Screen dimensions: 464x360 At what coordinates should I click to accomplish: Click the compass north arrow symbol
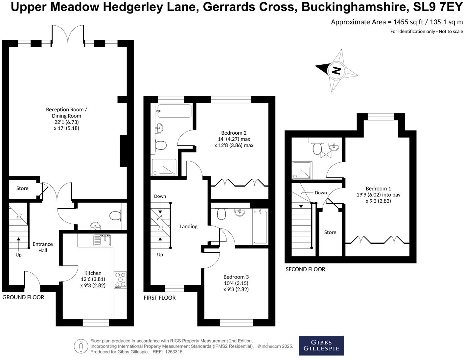(x=336, y=70)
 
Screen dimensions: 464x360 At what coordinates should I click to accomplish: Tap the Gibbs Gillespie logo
(x=321, y=345)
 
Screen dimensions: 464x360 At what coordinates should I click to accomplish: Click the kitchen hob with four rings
(x=120, y=280)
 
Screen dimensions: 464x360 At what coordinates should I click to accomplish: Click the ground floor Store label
(x=22, y=188)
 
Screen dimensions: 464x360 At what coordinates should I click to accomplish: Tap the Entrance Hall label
(x=42, y=247)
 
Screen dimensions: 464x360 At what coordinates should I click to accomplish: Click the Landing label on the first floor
(x=188, y=226)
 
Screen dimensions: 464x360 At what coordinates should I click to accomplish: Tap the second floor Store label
(x=330, y=232)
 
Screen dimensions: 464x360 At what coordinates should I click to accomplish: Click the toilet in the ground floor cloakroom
(x=115, y=216)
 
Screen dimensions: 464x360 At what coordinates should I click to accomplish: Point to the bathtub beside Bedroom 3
(x=260, y=227)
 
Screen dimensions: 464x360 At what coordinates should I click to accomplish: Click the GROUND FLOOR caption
(x=23, y=297)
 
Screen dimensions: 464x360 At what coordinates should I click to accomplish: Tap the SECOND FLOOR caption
(x=305, y=269)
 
